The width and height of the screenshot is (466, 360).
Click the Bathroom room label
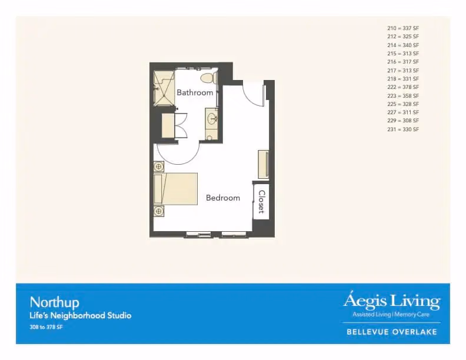tap(195, 92)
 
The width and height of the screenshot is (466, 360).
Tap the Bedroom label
tap(223, 198)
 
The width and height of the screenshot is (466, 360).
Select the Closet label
tap(261, 202)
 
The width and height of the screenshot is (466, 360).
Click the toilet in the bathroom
tap(209, 78)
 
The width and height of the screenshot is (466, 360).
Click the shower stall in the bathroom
tap(164, 88)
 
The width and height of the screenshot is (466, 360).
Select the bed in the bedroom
tap(175, 189)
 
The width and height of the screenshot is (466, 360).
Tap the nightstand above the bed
tap(159, 166)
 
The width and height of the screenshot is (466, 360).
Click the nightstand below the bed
tap(159, 211)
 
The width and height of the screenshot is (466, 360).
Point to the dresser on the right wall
tap(264, 165)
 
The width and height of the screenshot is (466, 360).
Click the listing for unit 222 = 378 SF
tap(403, 87)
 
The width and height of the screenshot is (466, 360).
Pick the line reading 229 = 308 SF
tap(403, 121)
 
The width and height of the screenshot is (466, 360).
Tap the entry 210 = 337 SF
tap(403, 28)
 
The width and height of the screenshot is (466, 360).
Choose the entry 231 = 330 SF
tap(403, 129)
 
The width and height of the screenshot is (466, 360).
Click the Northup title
tap(54, 303)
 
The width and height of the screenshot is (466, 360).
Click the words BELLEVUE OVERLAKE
tap(392, 332)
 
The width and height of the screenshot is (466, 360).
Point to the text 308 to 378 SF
tap(46, 327)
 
